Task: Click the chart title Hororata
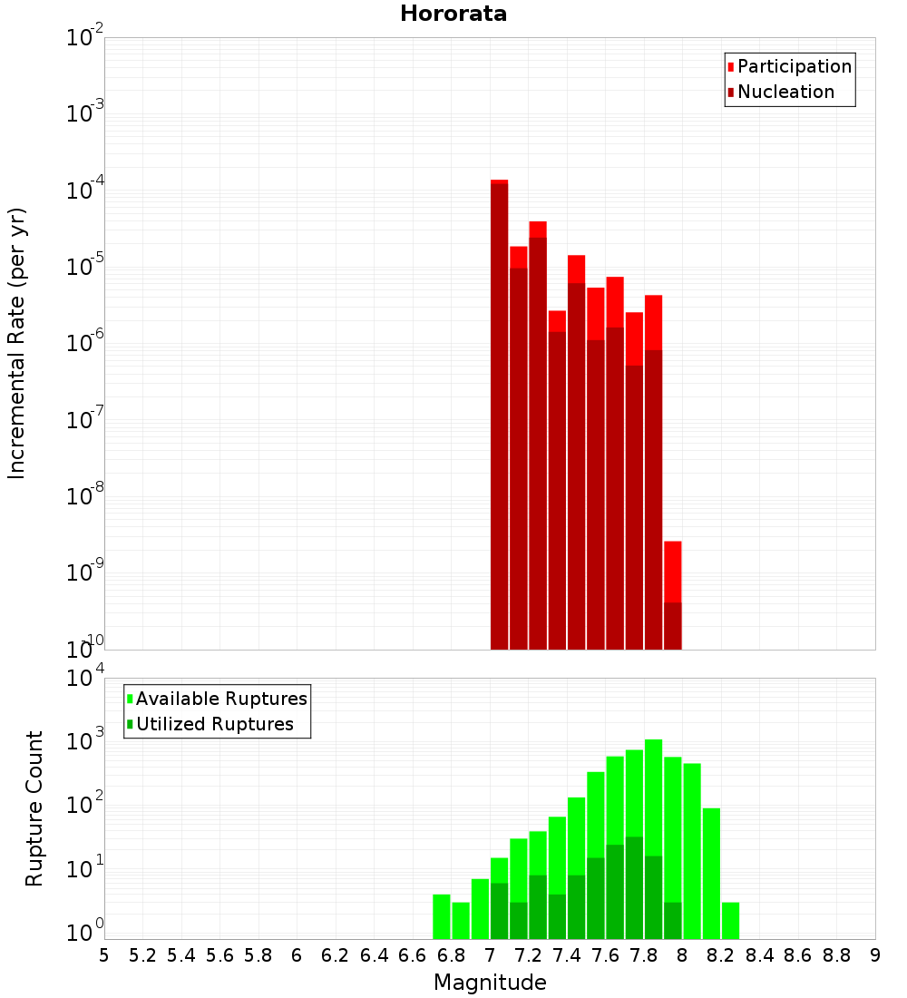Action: pyautogui.click(x=453, y=14)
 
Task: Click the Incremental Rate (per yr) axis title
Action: pyautogui.click(x=16, y=343)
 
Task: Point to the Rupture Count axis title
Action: pyautogui.click(x=34, y=808)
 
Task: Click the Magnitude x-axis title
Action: pyautogui.click(x=490, y=983)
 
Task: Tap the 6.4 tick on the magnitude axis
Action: pyautogui.click(x=374, y=955)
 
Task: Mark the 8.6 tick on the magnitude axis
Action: pyautogui.click(x=798, y=955)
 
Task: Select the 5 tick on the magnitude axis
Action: pyautogui.click(x=104, y=955)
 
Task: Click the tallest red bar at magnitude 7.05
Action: pyautogui.click(x=499, y=408)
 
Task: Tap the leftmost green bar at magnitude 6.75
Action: pyautogui.click(x=442, y=916)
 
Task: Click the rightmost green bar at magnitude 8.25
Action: pyautogui.click(x=730, y=921)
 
